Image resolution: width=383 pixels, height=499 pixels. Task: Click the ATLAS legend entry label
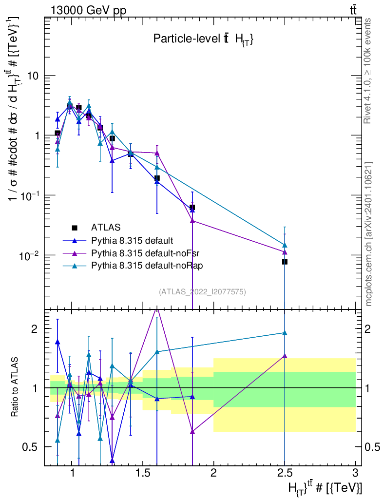[x=106, y=227]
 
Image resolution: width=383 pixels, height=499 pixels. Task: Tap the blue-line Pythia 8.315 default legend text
[x=132, y=240]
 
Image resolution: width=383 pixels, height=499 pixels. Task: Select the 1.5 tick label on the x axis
[x=143, y=472]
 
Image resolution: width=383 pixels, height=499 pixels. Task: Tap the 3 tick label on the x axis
[x=355, y=472]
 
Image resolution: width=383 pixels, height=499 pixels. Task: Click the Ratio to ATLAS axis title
[x=15, y=387]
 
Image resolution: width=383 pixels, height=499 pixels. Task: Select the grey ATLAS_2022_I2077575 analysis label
[x=202, y=292]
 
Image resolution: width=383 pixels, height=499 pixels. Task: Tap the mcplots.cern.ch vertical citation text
[x=368, y=234]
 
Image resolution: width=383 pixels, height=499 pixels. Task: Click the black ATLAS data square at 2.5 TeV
[x=285, y=262]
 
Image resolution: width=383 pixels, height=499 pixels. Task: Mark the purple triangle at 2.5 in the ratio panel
[x=285, y=356]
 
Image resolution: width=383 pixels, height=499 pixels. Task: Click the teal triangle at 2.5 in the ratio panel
[x=285, y=333]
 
